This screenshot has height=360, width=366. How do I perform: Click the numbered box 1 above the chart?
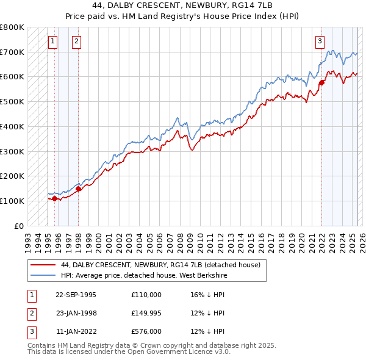52,41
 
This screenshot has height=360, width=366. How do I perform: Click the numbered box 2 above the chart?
76,41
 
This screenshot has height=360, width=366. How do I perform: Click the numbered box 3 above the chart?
320,41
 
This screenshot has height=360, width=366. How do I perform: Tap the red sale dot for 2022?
321,82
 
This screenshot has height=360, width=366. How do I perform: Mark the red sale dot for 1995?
54,198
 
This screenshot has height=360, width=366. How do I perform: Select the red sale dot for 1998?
78,189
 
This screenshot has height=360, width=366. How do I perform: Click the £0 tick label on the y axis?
19,226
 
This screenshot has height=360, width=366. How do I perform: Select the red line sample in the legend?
42,265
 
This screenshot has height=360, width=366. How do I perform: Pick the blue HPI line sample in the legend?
42,275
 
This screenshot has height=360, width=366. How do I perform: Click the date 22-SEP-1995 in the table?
76,295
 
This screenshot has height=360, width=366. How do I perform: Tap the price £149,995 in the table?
146,313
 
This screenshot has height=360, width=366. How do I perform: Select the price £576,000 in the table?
146,331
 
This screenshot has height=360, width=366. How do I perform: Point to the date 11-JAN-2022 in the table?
76,331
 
